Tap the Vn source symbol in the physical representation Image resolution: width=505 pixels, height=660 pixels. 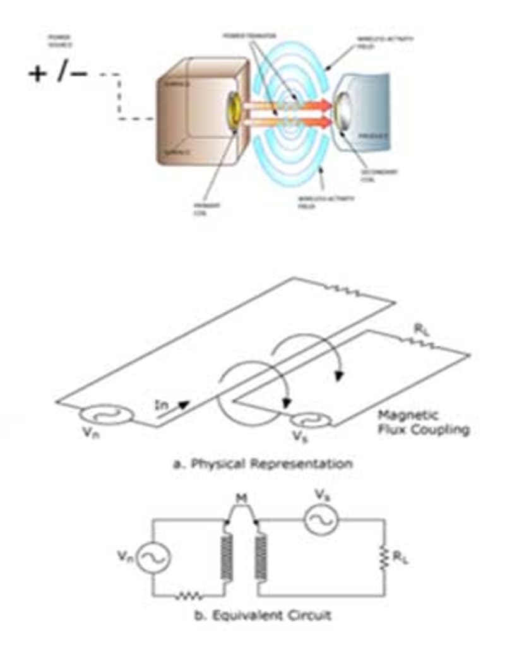[106, 414]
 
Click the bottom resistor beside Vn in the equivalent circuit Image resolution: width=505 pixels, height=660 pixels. [189, 595]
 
